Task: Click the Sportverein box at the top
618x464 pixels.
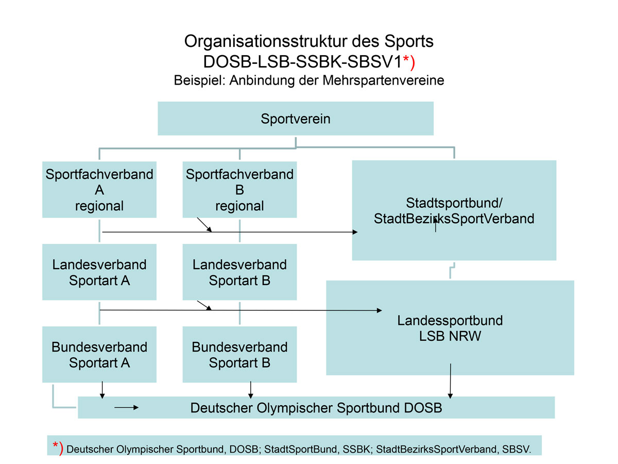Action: (295, 119)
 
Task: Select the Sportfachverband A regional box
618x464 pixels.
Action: (99, 190)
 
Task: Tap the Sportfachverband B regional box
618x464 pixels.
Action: (239, 190)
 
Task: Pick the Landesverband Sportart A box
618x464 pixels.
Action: (99, 272)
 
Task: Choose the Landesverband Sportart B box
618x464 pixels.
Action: (239, 272)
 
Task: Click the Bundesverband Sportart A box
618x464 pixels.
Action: (99, 355)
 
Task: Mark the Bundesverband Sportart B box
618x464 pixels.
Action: (239, 355)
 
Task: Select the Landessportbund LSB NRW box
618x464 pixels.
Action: (450, 328)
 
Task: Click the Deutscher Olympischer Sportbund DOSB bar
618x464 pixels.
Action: (316, 408)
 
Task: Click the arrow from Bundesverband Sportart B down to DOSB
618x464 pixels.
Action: (250, 390)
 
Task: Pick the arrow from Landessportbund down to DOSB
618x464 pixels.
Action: (451, 382)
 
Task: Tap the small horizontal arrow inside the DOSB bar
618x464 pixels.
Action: (127, 408)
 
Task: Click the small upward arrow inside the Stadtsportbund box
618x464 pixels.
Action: (436, 224)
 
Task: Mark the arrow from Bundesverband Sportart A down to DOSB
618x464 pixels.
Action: (102, 390)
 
